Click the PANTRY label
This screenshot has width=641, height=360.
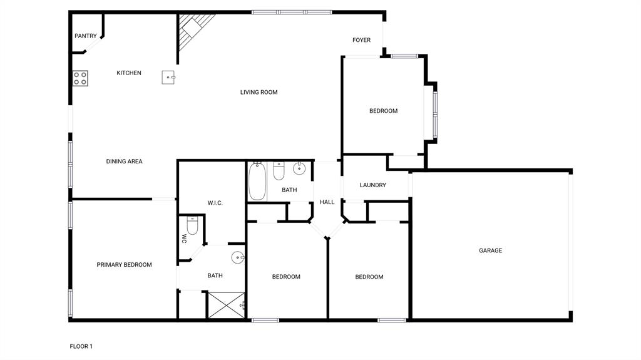tap(86, 36)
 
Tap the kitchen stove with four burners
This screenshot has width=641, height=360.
tap(80, 78)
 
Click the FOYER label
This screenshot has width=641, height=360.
tap(361, 40)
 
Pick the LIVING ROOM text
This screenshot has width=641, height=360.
tap(259, 93)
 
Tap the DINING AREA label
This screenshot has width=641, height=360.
tap(124, 162)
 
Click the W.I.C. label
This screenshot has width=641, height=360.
tap(215, 203)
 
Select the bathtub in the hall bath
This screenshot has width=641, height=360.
tap(257, 181)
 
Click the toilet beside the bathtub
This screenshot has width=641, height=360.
tap(279, 170)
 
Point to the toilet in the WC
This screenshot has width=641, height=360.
tap(192, 226)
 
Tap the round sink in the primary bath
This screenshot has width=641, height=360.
tap(238, 257)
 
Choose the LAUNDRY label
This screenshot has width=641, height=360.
tap(373, 185)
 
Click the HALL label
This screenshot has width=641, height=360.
tap(327, 202)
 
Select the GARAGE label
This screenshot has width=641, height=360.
tap(491, 250)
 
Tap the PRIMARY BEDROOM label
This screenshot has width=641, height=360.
tap(124, 265)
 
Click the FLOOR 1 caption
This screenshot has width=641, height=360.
tap(81, 346)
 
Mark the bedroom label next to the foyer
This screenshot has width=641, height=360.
tap(383, 111)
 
